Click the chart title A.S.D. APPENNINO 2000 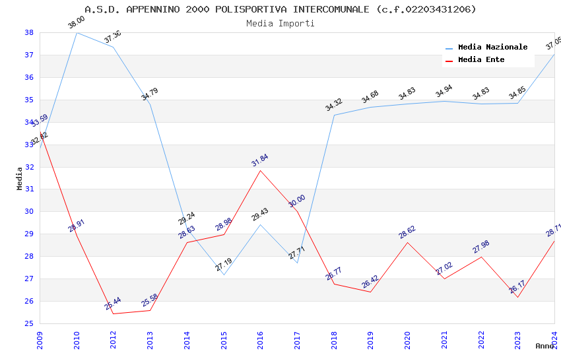280,9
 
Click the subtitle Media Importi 280,24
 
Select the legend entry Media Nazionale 492,48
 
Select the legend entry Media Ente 481,60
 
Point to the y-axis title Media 20,178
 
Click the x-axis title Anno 544,346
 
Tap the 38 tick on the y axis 29,32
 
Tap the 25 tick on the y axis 29,323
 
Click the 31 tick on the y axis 29,189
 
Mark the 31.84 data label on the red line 260,160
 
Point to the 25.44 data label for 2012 113,304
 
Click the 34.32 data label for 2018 334,105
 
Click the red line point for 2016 261,170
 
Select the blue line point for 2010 77,32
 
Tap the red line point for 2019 371,292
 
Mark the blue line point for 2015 224,275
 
